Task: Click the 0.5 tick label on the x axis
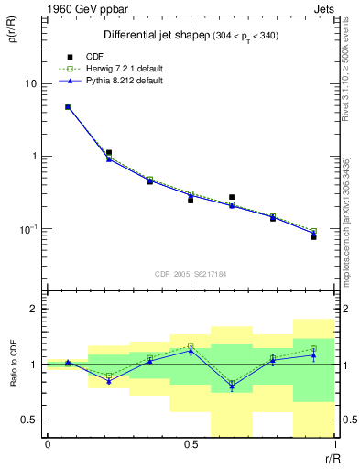(191, 445)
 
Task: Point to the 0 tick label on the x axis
(47, 445)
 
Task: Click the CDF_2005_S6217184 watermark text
(191, 272)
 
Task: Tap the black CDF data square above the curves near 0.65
(232, 197)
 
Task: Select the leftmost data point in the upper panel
(68, 106)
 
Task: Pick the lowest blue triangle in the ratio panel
(232, 387)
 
